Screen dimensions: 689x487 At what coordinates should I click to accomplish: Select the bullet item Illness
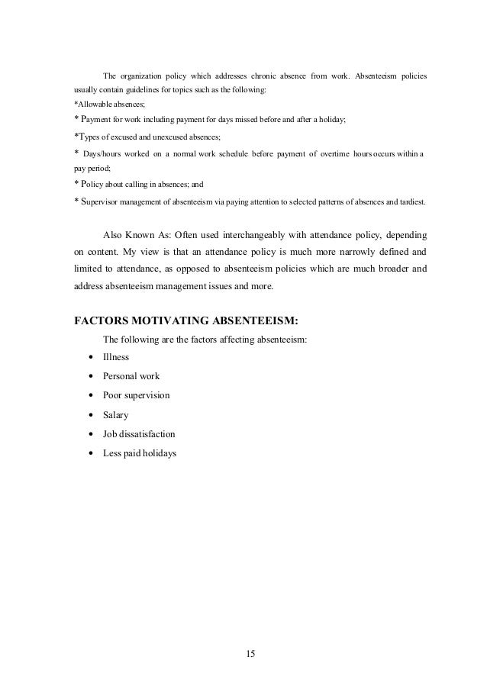point(116,357)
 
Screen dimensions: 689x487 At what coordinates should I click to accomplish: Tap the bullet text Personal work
point(131,376)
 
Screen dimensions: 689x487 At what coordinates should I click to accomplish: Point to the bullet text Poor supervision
point(137,395)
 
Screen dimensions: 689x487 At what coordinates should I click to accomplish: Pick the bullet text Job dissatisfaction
point(139,433)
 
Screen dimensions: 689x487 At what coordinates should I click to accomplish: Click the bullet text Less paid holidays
point(140,452)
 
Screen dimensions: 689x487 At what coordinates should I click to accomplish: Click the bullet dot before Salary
point(92,415)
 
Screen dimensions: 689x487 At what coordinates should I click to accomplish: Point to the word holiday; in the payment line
point(329,120)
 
